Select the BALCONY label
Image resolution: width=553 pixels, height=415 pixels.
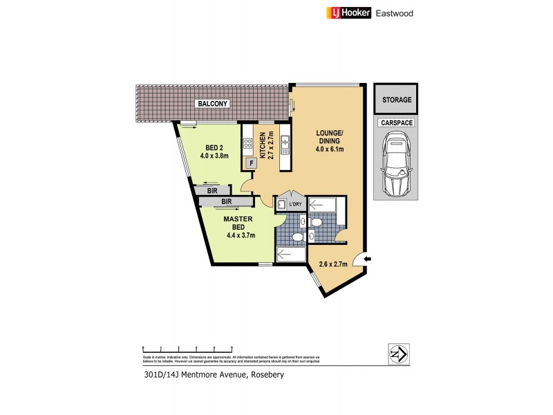213,104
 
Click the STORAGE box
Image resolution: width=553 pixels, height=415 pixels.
397,100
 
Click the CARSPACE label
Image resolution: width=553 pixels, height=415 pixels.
397,122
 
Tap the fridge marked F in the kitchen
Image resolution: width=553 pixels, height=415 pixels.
252,163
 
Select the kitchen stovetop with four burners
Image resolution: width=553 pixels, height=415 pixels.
247,144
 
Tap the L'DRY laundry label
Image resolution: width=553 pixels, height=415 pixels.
297,205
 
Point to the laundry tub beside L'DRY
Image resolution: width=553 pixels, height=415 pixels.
282,205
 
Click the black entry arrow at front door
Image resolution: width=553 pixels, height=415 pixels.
367,259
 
